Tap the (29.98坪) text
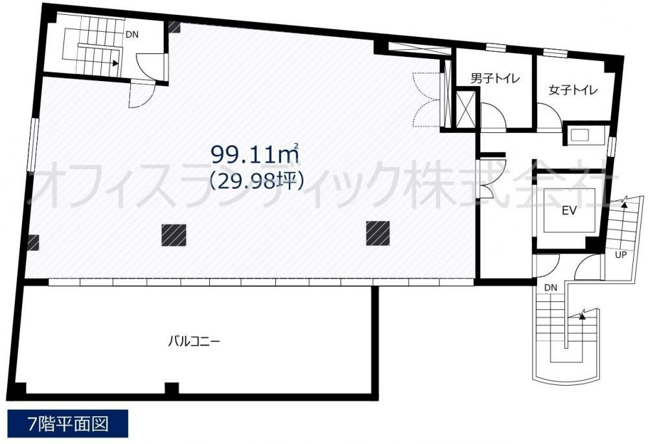[257, 180]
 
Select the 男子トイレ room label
[494, 78]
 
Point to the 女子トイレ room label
[573, 89]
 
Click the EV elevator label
[569, 211]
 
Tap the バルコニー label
[194, 342]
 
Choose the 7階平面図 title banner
[68, 424]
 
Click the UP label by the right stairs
[621, 255]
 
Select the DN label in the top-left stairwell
[132, 35]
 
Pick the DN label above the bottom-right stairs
[550, 288]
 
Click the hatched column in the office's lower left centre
[174, 235]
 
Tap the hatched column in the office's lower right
[378, 233]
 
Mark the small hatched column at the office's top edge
[174, 27]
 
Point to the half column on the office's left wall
[33, 242]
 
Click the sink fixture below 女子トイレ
[580, 135]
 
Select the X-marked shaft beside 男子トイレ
[466, 108]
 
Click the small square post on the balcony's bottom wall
[172, 389]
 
